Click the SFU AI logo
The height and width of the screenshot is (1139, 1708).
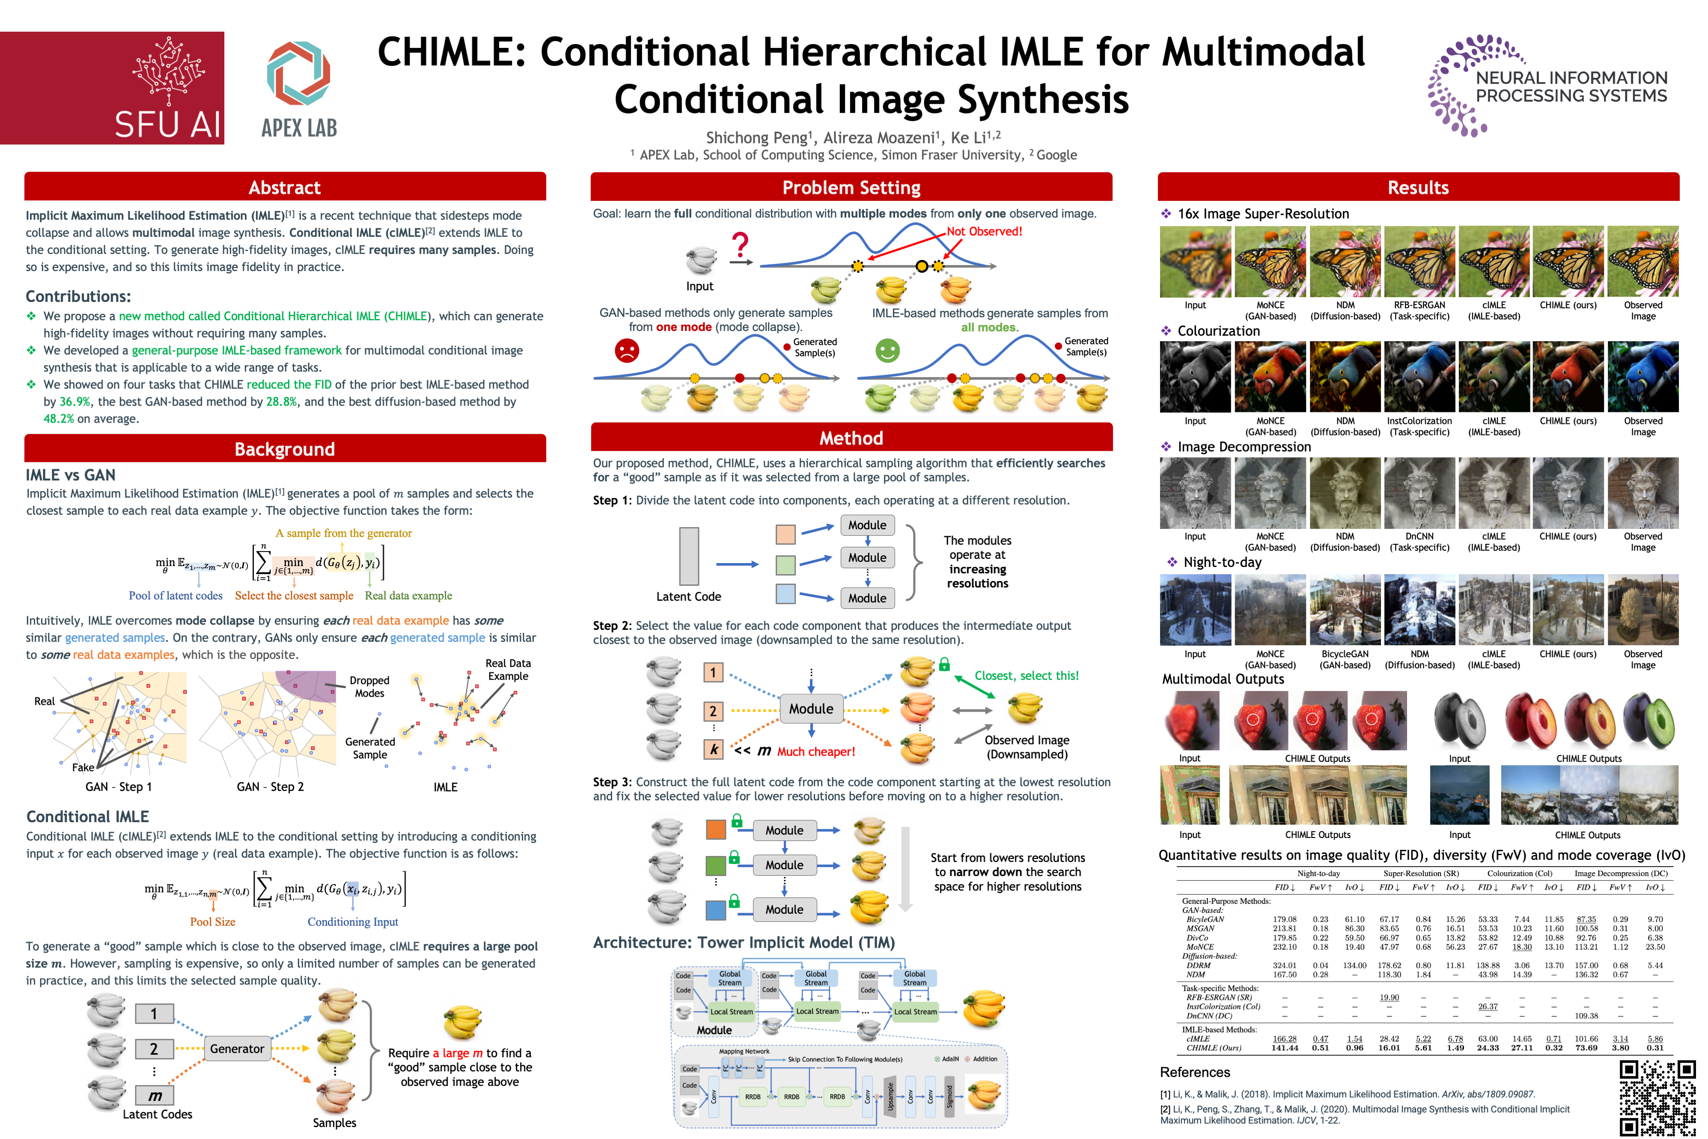point(113,88)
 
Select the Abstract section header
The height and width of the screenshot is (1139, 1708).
point(285,188)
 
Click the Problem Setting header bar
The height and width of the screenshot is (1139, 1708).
point(851,188)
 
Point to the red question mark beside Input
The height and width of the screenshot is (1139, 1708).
point(740,245)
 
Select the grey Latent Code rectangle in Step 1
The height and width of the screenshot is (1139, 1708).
point(688,556)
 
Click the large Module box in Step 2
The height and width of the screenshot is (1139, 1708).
point(811,708)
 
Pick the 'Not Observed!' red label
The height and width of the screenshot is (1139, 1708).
point(984,231)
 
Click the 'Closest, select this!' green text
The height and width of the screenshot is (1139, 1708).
point(1026,676)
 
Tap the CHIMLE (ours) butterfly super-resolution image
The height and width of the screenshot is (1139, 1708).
point(1568,262)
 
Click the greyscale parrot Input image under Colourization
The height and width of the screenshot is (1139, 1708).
point(1195,377)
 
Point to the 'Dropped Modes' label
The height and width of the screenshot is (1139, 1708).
point(369,686)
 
